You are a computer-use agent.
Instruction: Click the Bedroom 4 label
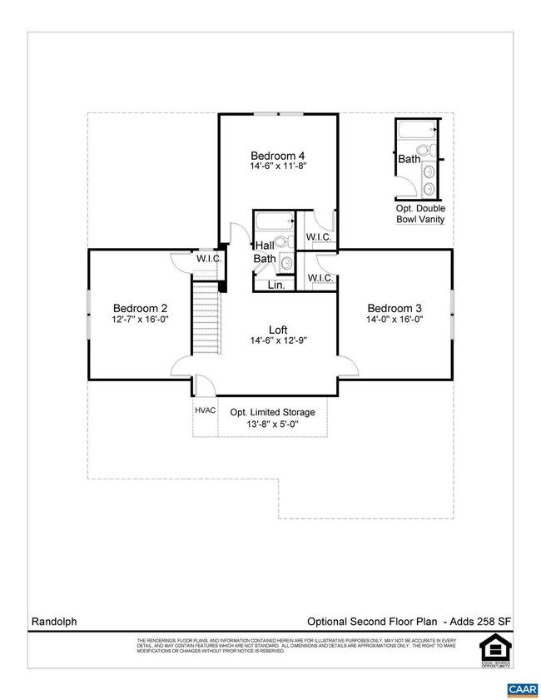point(278,156)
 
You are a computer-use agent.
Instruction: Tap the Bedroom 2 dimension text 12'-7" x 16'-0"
point(141,319)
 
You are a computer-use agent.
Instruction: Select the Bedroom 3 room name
point(395,306)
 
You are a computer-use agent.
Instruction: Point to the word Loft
point(278,329)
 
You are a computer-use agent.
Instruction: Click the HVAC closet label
point(206,410)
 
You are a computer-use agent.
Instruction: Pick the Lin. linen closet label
point(276,285)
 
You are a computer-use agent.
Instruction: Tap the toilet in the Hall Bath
point(283,242)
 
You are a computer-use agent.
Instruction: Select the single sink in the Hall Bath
point(286,263)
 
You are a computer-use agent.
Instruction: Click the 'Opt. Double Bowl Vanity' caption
point(420,214)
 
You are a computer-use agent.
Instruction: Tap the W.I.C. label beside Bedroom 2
point(208,259)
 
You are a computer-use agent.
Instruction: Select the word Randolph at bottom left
point(53,621)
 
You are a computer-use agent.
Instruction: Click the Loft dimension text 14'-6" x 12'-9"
point(278,341)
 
